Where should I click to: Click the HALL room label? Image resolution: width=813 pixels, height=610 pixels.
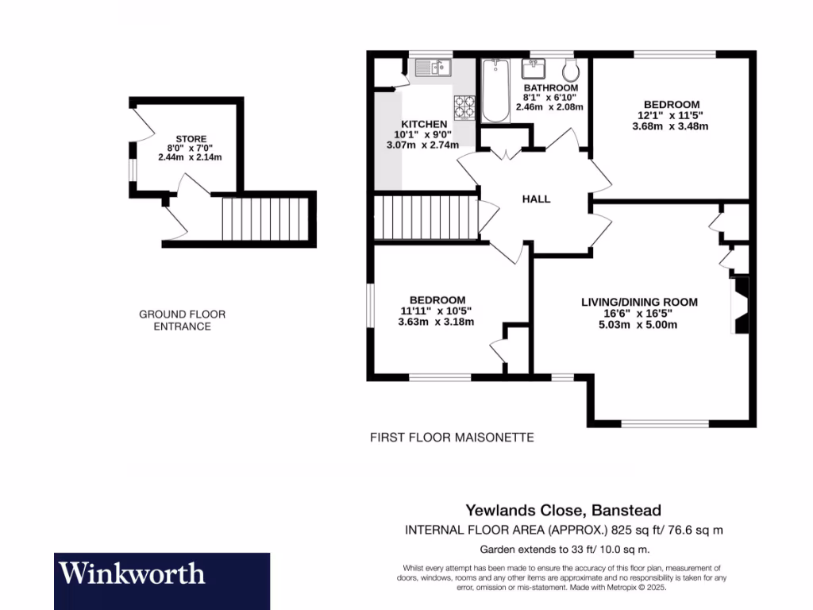click(536, 199)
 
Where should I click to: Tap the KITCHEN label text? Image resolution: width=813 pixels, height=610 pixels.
click(424, 125)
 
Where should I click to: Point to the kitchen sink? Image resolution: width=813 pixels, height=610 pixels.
click(433, 68)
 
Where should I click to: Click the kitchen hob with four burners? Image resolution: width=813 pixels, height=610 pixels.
click(464, 107)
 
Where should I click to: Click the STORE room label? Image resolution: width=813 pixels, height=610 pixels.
click(191, 139)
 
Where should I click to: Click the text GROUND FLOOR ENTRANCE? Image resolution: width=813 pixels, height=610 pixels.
click(182, 320)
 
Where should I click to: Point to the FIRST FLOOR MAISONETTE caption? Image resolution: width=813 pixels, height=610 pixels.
click(452, 438)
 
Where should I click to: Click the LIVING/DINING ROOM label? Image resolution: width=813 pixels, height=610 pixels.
click(639, 302)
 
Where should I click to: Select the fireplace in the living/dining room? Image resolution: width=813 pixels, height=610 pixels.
click(740, 305)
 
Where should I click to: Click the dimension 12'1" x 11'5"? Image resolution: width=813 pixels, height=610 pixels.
click(671, 115)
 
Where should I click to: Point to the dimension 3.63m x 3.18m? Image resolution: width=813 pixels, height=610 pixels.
click(437, 322)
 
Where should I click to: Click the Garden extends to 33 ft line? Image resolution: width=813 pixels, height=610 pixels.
click(564, 550)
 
